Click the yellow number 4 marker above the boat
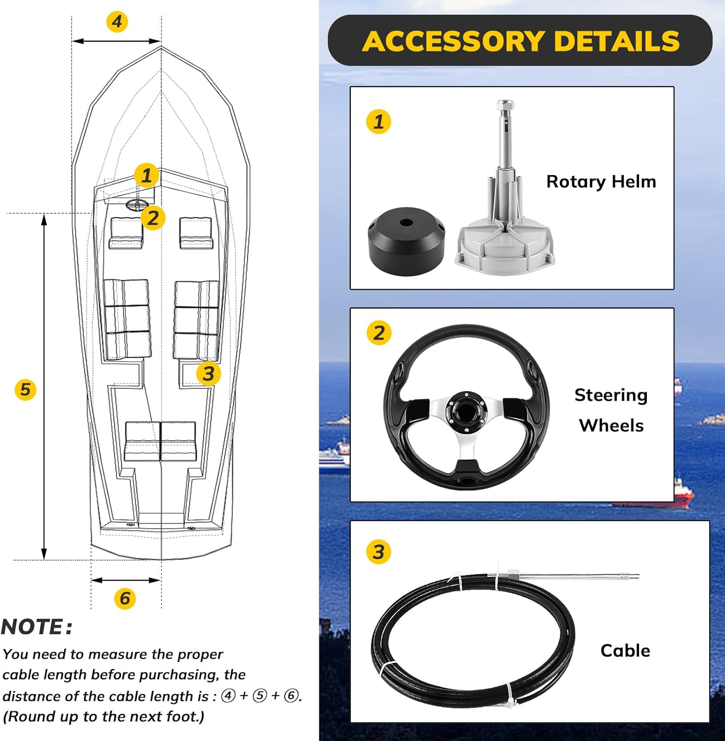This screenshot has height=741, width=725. pyautogui.click(x=117, y=22)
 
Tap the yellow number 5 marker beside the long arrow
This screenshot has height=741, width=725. pyautogui.click(x=25, y=390)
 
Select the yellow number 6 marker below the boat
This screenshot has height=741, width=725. pyautogui.click(x=125, y=598)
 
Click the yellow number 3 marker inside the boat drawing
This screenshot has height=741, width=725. pyautogui.click(x=208, y=373)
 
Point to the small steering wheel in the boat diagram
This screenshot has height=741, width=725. pyautogui.click(x=136, y=205)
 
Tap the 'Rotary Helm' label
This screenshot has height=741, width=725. pyautogui.click(x=601, y=182)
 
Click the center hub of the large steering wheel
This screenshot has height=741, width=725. pyautogui.click(x=466, y=407)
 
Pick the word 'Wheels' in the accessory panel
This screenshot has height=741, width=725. pyautogui.click(x=611, y=425)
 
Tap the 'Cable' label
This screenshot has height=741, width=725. pyautogui.click(x=625, y=651)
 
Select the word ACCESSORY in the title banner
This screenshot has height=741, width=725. pyautogui.click(x=453, y=41)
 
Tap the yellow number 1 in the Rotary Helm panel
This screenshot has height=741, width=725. pyautogui.click(x=379, y=122)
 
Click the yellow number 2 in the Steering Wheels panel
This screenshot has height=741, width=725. pyautogui.click(x=379, y=332)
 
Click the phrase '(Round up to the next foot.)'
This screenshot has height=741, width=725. pyautogui.click(x=104, y=717)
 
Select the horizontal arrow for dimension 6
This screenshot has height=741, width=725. pyautogui.click(x=126, y=580)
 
